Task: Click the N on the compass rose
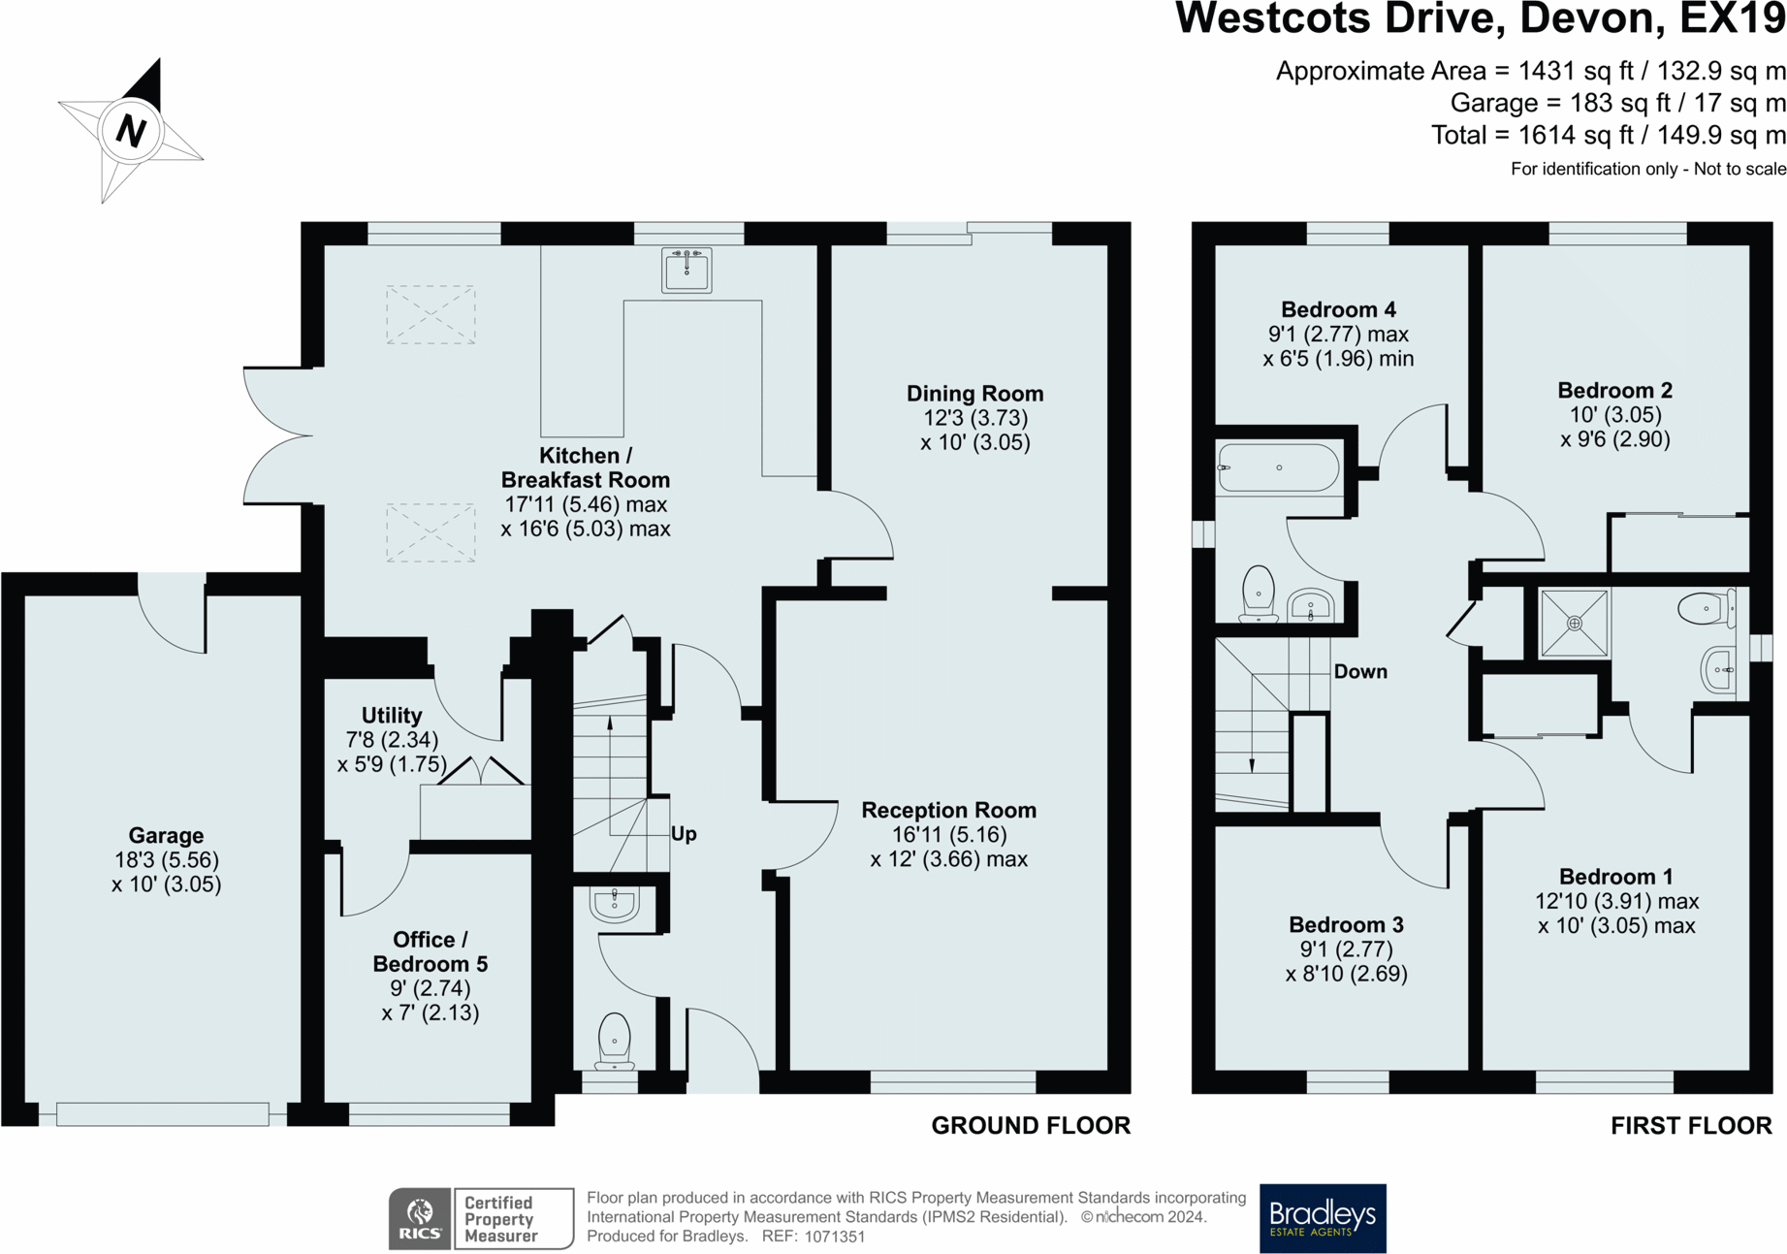[131, 130]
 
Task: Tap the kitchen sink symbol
[686, 269]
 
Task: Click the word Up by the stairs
[684, 834]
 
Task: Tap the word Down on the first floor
[1360, 671]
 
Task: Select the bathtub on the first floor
[1279, 467]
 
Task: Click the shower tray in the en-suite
[1574, 623]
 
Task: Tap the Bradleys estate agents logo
[1323, 1218]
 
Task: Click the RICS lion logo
[420, 1219]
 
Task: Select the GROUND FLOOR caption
[1031, 1126]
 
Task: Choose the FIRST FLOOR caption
[1691, 1126]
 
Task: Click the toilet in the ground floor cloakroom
[615, 1041]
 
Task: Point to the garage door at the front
[163, 1114]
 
